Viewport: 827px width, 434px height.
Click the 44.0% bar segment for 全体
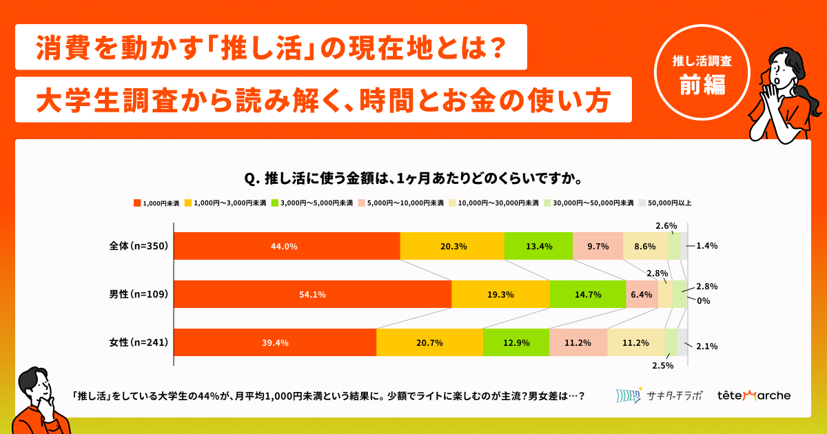(x=287, y=246)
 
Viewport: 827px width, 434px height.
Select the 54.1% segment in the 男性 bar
(x=312, y=294)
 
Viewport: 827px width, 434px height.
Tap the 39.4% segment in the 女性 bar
(x=275, y=342)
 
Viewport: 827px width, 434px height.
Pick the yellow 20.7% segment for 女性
(x=429, y=342)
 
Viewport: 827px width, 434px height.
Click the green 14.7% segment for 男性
(x=588, y=294)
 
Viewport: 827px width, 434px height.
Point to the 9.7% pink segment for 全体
(x=598, y=246)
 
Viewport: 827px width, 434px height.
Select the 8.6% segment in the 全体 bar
(x=645, y=246)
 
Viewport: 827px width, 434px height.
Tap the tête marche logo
(x=754, y=395)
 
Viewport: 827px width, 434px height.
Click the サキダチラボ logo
(x=659, y=395)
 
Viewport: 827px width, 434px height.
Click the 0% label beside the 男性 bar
(x=704, y=301)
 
